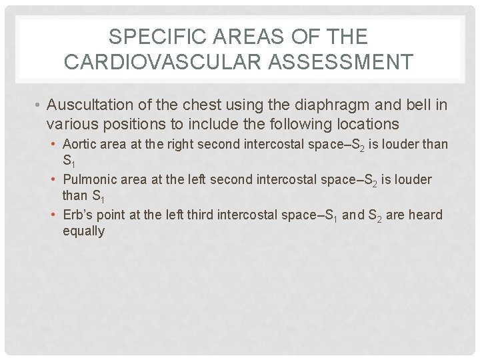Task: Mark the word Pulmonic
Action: pos(87,180)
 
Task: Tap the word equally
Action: pos(83,232)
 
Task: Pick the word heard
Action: pos(427,215)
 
